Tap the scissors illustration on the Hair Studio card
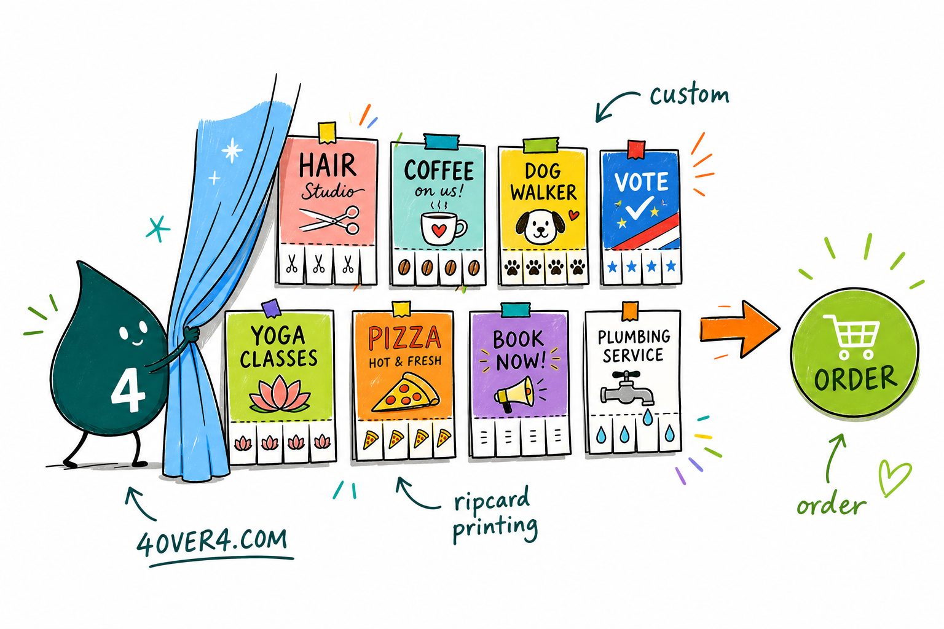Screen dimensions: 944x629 coord(329,219)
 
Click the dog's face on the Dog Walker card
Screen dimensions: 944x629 coord(540,226)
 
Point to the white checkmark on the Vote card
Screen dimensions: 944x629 coord(639,207)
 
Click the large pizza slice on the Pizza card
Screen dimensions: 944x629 coord(406,393)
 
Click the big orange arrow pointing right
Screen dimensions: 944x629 coord(739,329)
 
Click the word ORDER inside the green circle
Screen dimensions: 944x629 coord(855,378)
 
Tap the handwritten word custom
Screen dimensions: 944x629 coord(690,95)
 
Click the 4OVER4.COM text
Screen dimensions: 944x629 coord(212,542)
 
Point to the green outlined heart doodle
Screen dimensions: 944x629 coord(894,478)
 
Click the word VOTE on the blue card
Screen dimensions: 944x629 coord(641,182)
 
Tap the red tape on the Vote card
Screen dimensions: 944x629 coord(636,149)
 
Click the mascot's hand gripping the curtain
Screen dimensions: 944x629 coord(191,335)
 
